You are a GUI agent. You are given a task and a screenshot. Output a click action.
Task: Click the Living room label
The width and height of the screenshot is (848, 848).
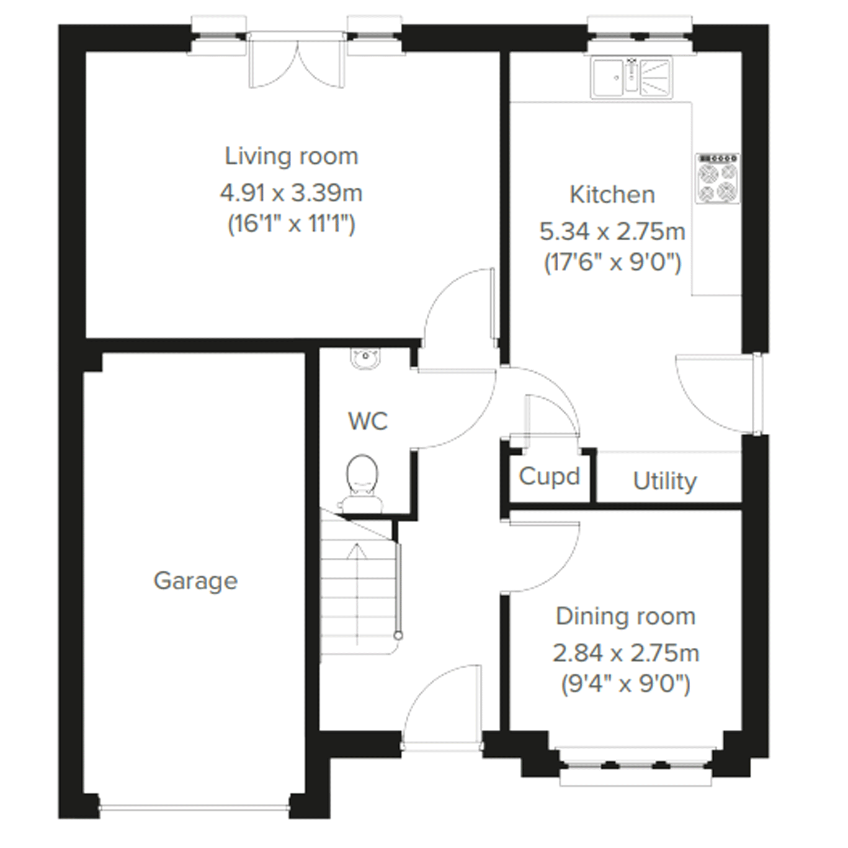(291, 156)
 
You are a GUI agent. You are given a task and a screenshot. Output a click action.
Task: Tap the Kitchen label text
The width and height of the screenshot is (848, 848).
(612, 195)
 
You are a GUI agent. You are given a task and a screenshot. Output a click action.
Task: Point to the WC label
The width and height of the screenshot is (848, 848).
(368, 421)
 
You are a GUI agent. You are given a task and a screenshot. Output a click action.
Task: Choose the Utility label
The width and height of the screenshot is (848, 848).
(665, 482)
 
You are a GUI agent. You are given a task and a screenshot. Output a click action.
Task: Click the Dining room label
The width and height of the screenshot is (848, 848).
(626, 617)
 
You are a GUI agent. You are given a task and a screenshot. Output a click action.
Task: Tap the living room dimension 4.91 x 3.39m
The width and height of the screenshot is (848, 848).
(291, 193)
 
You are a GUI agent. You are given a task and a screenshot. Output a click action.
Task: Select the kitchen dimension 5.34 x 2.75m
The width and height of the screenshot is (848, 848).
(612, 232)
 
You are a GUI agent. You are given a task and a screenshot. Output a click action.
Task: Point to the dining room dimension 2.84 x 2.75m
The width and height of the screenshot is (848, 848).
(626, 653)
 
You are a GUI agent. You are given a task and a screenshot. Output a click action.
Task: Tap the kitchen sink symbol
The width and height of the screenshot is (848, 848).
(631, 78)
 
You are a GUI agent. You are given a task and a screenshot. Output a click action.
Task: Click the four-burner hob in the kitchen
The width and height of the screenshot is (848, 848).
(717, 178)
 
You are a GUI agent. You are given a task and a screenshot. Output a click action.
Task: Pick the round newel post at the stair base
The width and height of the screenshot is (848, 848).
(398, 635)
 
